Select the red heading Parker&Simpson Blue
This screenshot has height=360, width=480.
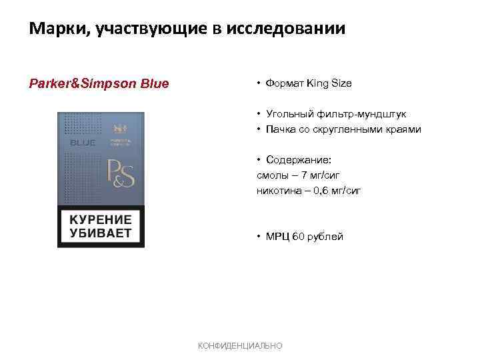99,84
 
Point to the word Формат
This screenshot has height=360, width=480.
284,84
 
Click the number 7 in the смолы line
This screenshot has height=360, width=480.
305,175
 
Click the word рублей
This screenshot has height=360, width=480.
325,237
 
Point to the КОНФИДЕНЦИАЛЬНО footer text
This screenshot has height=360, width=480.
241,345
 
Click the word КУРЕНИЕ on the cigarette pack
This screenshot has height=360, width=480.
101,220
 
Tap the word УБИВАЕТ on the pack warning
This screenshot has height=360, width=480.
101,234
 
